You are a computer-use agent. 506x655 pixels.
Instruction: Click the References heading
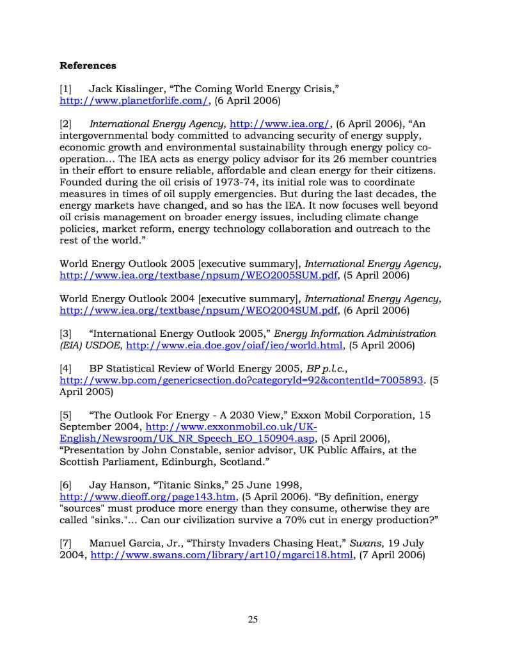88,65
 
